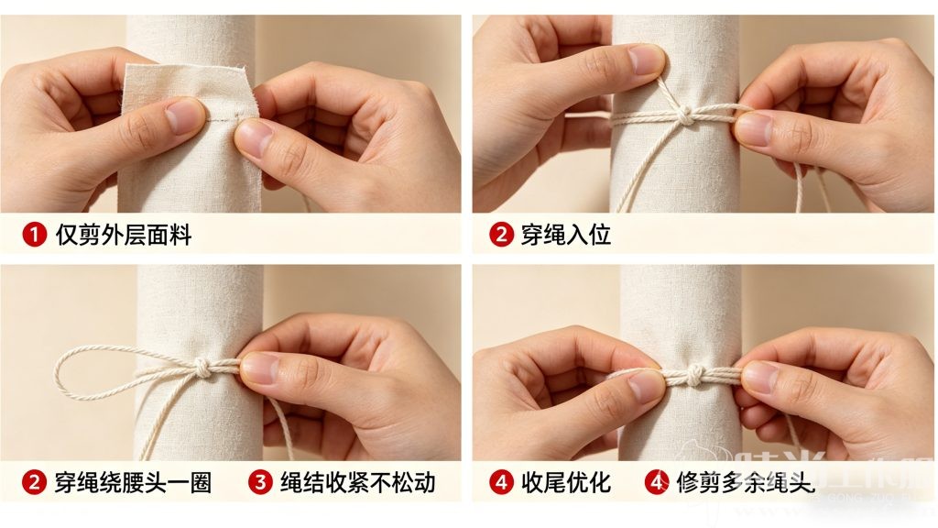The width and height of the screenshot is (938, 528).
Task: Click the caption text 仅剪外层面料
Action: coord(124,236)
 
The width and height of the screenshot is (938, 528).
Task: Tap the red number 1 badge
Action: coord(34,236)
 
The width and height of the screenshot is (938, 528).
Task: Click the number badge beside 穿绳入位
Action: coord(501,236)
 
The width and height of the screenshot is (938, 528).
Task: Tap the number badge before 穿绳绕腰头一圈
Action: coord(34,482)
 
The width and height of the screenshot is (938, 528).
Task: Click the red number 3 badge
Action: coord(261,482)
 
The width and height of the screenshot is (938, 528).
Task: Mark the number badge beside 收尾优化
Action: coord(501,482)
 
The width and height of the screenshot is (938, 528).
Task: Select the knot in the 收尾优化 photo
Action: coord(696,374)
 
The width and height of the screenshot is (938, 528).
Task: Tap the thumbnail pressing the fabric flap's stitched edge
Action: coord(254,137)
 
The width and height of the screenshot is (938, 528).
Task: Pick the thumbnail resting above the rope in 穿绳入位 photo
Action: coord(645,60)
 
